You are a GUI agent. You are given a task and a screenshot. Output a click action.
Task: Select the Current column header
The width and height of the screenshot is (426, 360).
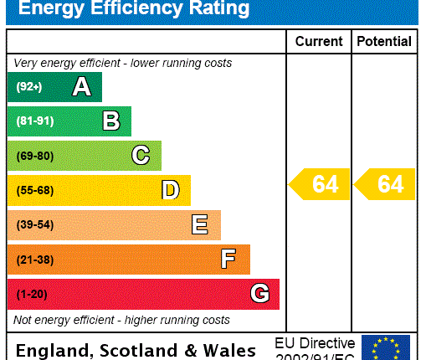pos(319,41)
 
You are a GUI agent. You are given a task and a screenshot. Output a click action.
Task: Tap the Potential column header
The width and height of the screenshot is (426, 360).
pos(384,41)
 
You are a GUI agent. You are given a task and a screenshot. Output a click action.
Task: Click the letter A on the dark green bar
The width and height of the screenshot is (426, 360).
pos(81,87)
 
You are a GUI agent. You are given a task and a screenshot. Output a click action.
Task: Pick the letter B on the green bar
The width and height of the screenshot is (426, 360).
pos(111,121)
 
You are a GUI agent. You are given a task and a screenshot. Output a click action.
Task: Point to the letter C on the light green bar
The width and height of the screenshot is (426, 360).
pos(141,156)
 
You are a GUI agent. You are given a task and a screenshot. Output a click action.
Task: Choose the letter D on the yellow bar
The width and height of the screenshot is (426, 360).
pos(171,191)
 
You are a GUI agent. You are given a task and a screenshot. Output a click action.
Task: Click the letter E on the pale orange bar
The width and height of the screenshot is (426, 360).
pos(200,225)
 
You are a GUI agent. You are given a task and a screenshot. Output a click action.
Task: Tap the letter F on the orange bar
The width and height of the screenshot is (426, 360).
pos(228,260)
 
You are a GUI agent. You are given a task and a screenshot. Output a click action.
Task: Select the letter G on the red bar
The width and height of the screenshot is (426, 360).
pos(259,294)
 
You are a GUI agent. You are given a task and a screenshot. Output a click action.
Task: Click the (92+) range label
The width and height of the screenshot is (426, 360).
pos(28,87)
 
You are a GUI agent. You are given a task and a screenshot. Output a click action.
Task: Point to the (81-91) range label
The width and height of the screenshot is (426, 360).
pos(34,121)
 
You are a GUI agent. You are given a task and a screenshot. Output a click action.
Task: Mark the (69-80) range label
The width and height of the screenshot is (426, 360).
pos(34,156)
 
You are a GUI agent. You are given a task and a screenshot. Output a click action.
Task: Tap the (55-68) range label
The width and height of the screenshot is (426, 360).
pos(34,191)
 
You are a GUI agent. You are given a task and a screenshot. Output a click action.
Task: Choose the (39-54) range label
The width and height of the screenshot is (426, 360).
pos(34,225)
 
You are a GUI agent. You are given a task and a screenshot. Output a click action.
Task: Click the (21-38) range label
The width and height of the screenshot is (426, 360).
pos(34,260)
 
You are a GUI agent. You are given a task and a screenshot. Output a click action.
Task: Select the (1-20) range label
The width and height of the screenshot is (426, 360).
pos(32,294)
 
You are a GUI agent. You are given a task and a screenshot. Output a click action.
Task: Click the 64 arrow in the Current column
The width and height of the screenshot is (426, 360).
pos(320,184)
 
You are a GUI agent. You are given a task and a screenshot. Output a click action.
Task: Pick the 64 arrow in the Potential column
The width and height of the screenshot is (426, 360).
pos(385,184)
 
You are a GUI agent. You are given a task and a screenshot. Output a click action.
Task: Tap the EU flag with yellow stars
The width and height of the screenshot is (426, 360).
pos(386,347)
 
